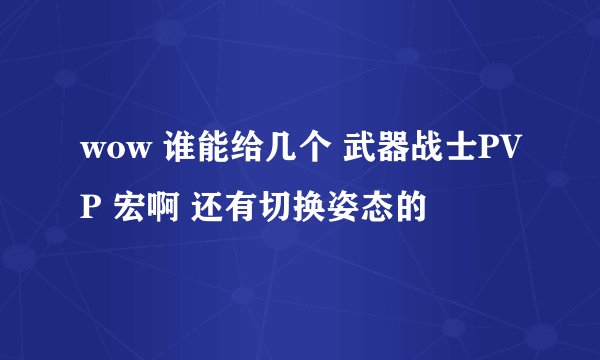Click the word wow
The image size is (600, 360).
coord(109,152)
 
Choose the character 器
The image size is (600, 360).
coord(393,152)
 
